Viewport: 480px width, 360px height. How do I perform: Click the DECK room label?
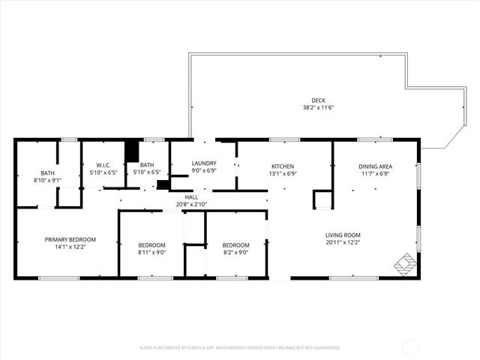319,100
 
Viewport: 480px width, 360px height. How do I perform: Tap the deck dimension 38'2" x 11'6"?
319,107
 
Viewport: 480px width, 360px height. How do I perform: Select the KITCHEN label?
282,166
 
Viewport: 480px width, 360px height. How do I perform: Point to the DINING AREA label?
375,166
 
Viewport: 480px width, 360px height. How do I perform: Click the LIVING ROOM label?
343,234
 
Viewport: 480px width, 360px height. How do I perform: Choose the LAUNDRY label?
204,163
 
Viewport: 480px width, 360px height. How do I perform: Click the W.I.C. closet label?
103,165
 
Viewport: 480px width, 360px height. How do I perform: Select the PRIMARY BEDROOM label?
70,239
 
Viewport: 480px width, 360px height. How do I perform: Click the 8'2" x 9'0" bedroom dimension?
235,253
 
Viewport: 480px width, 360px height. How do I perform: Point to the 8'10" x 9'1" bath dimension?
47,180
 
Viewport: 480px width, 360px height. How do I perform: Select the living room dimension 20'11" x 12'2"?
343,241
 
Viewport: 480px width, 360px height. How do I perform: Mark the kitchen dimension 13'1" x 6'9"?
282,173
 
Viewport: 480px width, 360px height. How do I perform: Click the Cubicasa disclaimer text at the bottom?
239,348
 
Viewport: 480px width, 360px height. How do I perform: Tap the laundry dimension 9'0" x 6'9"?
204,170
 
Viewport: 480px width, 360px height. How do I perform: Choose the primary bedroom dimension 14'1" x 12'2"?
70,247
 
